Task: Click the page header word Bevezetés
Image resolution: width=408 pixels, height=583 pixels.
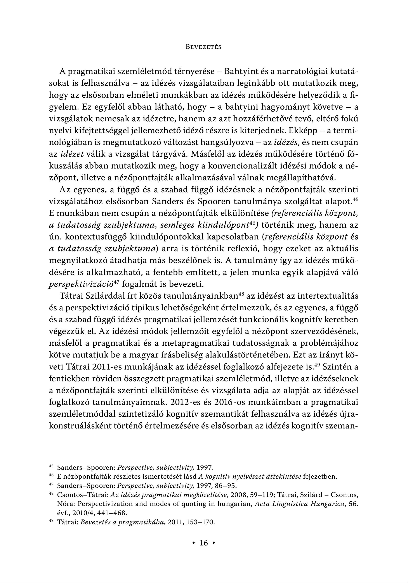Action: point(204,47)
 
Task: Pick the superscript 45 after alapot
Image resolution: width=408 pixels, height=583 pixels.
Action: point(355,199)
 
